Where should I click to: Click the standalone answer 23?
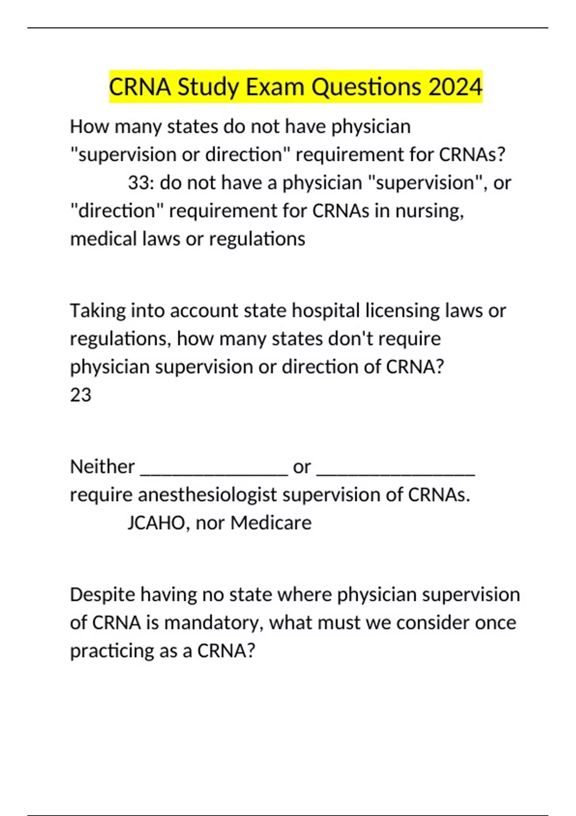[x=81, y=395]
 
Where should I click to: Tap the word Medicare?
[x=271, y=523]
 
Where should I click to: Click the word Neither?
[x=102, y=467]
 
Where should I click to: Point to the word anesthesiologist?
[x=207, y=495]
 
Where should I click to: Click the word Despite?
[x=101, y=595]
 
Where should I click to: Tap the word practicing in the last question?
[x=109, y=651]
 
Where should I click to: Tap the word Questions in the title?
[x=367, y=87]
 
